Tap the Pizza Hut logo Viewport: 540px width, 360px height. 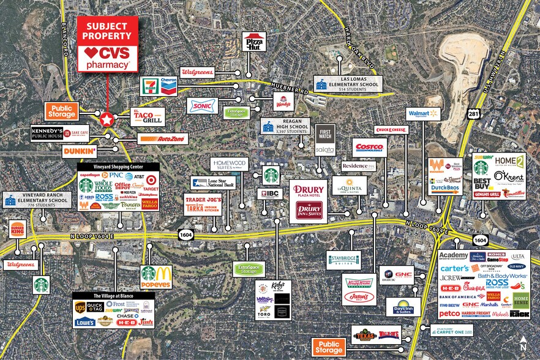(253, 42)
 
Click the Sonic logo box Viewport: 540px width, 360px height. (202, 105)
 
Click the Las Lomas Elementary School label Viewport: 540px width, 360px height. (348, 84)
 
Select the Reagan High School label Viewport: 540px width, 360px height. (286, 127)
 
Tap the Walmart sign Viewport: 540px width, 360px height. (424, 114)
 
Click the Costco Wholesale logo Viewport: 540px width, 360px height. (370, 148)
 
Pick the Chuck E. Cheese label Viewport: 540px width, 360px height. (391, 130)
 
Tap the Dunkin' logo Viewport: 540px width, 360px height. (80, 151)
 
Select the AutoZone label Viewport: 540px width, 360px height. (163, 139)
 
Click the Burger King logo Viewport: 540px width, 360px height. (17, 231)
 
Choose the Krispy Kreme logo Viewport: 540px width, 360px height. (359, 283)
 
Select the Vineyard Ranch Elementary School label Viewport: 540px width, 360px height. (36, 200)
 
